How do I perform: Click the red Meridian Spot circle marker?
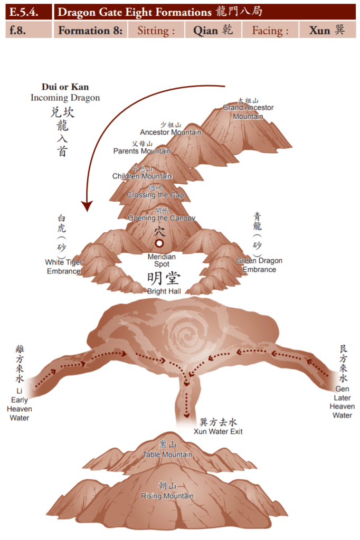pos(159,243)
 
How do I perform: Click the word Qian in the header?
pos(205,30)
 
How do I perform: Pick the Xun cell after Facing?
pos(320,30)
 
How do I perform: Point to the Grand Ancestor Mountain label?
pos(248,111)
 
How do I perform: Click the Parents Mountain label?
pos(142,151)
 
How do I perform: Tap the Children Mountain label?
pos(142,176)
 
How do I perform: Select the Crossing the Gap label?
pos(155,195)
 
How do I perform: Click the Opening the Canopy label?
pos(162,217)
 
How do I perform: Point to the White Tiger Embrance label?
pos(63,266)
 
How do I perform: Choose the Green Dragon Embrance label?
pos(259,265)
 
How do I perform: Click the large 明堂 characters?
pos(164,278)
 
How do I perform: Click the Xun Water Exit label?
pos(218,431)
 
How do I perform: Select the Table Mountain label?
pos(167,454)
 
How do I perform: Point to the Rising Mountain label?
pos(167,496)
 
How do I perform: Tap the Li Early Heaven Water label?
pos(20,404)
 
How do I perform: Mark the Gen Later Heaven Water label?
pos(342,402)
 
